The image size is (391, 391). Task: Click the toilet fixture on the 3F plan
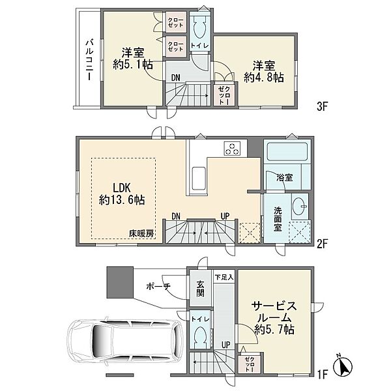tap(199, 28)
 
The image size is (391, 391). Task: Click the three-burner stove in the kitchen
tap(233, 148)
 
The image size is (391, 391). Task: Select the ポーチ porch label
tap(158, 287)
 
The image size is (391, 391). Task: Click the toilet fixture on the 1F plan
tap(201, 338)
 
